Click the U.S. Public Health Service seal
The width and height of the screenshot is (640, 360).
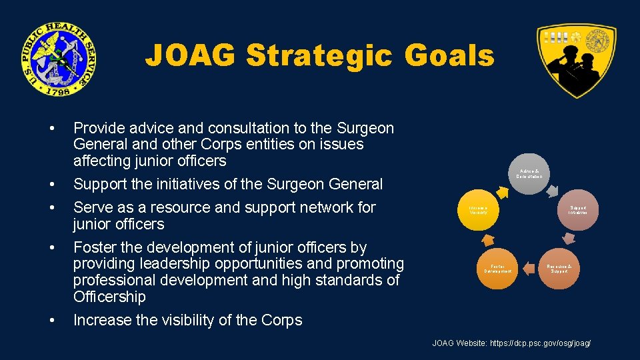57,58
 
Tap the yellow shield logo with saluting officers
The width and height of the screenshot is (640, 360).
576,60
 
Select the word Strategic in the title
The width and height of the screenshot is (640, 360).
319,55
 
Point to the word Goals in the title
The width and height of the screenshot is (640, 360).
451,55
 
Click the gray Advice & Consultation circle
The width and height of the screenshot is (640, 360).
531,175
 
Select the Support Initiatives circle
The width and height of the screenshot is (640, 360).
577,211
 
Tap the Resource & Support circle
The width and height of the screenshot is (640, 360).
559,268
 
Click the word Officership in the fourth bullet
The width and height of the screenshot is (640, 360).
109,297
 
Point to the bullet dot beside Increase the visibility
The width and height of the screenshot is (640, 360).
53,321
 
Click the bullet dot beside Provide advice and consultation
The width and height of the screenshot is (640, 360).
53,128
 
